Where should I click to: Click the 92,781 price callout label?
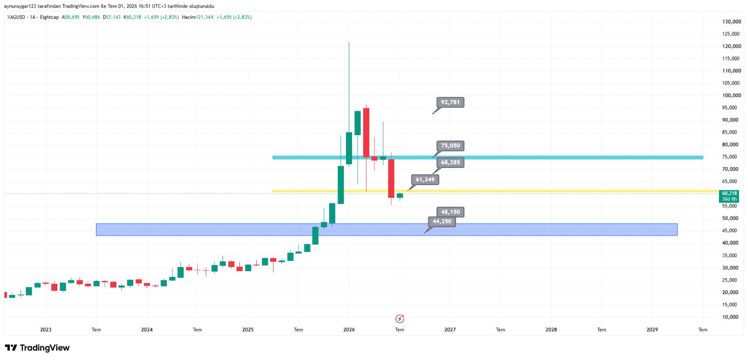click(x=450, y=102)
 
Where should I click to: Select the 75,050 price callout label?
click(x=450, y=145)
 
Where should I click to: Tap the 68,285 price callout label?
click(x=450, y=162)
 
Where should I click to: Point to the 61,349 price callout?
click(x=425, y=180)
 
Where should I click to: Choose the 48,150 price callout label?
click(x=450, y=212)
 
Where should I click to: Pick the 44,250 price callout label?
click(x=442, y=222)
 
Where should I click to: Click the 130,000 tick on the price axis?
click(x=732, y=22)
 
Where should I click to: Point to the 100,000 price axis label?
click(x=732, y=95)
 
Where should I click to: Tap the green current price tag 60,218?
click(x=729, y=196)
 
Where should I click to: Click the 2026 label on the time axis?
click(x=349, y=330)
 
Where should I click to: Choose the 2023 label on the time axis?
click(x=46, y=330)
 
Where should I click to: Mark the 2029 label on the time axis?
click(x=652, y=330)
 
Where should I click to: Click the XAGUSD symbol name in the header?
click(x=16, y=17)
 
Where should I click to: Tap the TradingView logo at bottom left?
click(x=37, y=348)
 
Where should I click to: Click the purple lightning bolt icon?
click(x=400, y=319)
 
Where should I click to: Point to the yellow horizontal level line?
click(x=496, y=191)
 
